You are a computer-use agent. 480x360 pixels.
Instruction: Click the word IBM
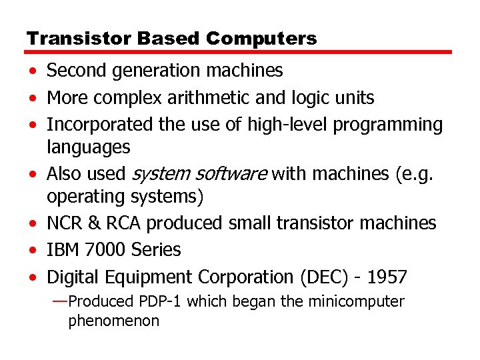click(x=63, y=250)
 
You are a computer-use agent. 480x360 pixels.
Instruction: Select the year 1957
click(x=387, y=277)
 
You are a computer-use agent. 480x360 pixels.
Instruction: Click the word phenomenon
click(x=113, y=321)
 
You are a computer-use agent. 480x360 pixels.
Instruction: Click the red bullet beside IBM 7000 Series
click(x=33, y=251)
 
